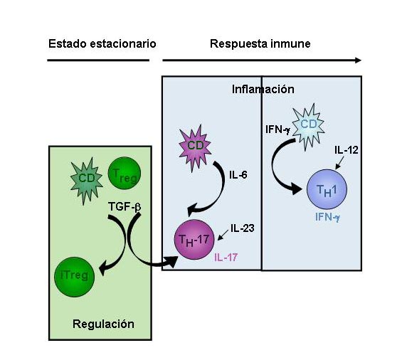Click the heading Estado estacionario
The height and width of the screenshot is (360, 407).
[102, 43]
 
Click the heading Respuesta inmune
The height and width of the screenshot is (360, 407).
[260, 44]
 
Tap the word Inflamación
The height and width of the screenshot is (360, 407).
[263, 89]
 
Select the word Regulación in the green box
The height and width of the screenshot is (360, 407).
[103, 324]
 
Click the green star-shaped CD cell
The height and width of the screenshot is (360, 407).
[86, 180]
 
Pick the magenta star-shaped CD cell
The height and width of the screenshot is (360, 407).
[195, 148]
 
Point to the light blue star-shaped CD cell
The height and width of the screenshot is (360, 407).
[308, 127]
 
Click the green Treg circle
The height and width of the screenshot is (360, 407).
[125, 173]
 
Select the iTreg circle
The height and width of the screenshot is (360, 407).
[75, 277]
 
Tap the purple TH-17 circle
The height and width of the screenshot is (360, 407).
[194, 240]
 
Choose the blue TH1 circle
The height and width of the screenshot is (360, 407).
[327, 189]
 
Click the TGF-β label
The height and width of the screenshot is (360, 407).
[125, 207]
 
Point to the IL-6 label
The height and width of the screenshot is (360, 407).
[238, 175]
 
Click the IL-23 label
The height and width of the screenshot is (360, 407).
[243, 228]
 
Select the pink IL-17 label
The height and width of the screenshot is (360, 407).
[226, 258]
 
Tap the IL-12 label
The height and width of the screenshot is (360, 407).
[347, 150]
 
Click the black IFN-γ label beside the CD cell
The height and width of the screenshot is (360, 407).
[277, 129]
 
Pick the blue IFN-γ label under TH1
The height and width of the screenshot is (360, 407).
[327, 217]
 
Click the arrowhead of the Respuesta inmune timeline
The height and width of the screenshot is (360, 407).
[358, 60]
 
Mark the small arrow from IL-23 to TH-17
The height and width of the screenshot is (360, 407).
[223, 235]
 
